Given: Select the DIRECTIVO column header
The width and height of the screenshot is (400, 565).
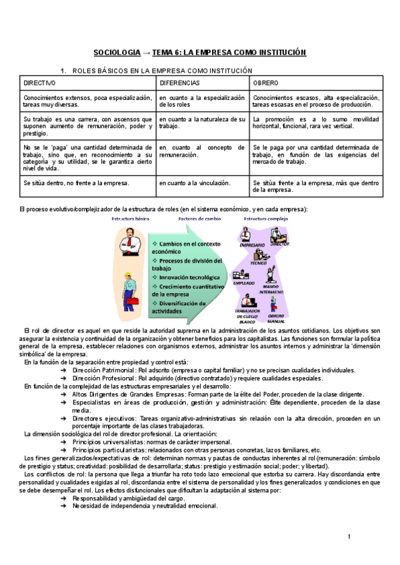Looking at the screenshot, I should pyautogui.click(x=40, y=83).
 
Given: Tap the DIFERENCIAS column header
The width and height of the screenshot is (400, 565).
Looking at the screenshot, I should pyautogui.click(x=179, y=83).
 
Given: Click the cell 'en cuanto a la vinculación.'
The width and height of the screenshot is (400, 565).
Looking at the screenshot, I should pyautogui.click(x=195, y=183).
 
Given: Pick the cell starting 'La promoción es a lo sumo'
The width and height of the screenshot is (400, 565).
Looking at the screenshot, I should pyautogui.click(x=317, y=122).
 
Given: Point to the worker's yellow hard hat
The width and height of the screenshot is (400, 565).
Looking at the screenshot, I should pyautogui.click(x=127, y=275).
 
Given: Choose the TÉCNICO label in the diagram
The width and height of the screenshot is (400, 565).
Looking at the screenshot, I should pyautogui.click(x=259, y=263).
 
